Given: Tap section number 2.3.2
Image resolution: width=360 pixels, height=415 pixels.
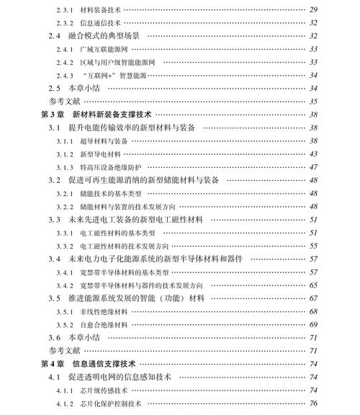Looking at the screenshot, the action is [x=65, y=22].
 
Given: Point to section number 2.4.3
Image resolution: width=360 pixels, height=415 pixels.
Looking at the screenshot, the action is [x=65, y=75].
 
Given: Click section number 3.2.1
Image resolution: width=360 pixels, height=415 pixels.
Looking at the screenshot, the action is [x=65, y=193].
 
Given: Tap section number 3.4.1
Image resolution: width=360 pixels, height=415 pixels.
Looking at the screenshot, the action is [x=65, y=272].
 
